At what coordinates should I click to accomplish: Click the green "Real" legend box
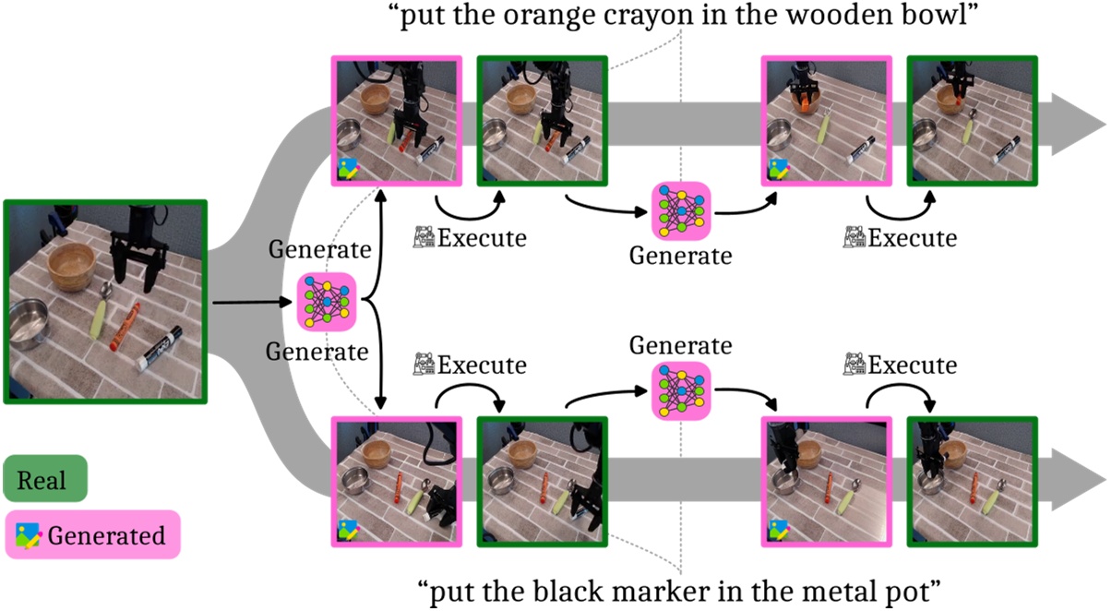point(45,479)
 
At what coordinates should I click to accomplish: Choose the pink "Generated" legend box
point(91,534)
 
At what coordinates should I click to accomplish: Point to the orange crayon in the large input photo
point(124,327)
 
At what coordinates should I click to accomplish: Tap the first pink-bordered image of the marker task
point(396,482)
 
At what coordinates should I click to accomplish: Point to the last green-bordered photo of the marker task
point(973,482)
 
